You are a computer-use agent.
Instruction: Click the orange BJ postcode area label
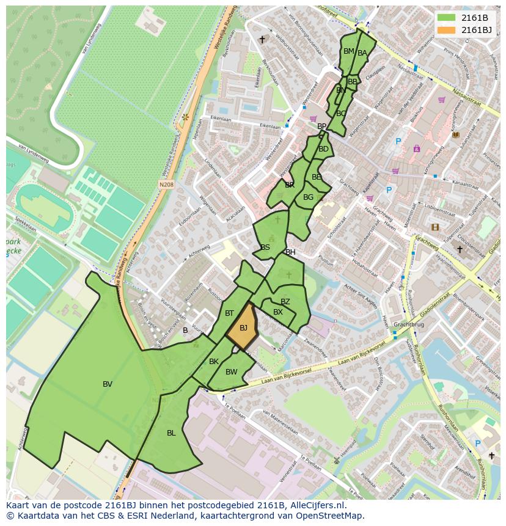243,328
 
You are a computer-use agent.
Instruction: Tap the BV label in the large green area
108,384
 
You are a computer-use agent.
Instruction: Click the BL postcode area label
171,433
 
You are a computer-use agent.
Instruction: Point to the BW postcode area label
231,372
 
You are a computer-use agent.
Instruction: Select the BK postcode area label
214,362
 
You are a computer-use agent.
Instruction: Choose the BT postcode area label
229,313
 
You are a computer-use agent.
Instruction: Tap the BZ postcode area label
285,302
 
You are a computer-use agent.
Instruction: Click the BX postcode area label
278,312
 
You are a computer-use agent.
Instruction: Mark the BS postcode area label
265,247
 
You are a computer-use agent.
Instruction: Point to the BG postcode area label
308,197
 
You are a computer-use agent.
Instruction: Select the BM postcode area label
348,51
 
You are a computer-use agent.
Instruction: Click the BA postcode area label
362,53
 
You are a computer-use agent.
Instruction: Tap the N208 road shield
166,184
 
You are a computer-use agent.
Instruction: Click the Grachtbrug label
409,324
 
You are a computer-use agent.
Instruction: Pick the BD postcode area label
323,149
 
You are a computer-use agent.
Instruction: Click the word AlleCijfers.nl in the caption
316,505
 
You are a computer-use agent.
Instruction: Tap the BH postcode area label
290,252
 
